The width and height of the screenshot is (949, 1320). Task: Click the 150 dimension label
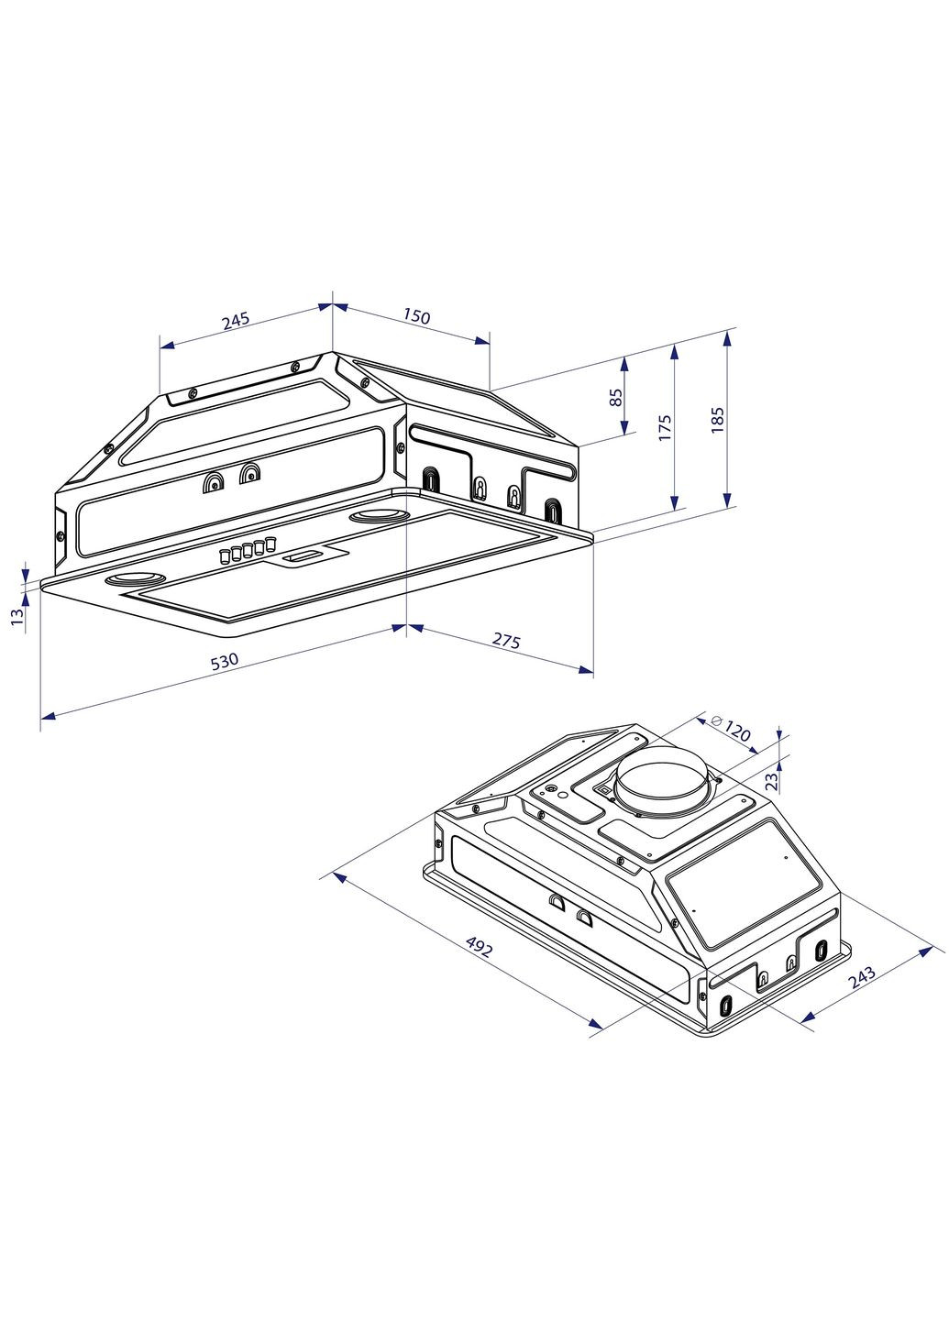(x=415, y=316)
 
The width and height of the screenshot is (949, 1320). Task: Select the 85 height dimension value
(x=616, y=397)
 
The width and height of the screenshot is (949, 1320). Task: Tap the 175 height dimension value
(x=666, y=427)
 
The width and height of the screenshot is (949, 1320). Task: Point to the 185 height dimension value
(x=718, y=419)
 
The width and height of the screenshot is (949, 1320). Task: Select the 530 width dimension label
(x=225, y=661)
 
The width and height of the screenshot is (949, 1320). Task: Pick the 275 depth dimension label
(x=506, y=641)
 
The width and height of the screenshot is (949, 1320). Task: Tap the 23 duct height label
(x=771, y=780)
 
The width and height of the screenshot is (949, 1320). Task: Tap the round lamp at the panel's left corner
(x=133, y=580)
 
